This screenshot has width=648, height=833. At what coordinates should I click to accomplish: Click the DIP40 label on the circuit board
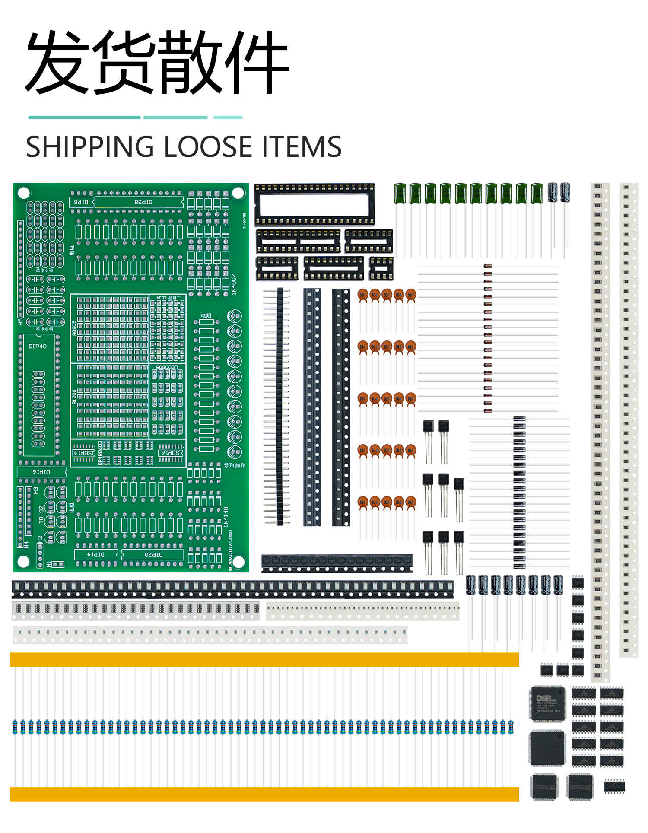pyautogui.click(x=38, y=346)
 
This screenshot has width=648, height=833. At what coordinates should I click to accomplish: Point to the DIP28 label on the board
pyautogui.click(x=143, y=202)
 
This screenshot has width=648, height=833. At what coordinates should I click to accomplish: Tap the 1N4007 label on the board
pyautogui.click(x=234, y=284)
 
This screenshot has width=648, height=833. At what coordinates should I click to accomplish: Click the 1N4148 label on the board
pyautogui.click(x=225, y=517)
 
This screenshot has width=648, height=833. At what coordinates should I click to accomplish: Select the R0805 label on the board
pyautogui.click(x=74, y=328)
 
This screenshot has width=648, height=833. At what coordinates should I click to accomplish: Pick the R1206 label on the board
pyautogui.click(x=74, y=397)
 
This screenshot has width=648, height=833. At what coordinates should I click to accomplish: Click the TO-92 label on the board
pyautogui.click(x=41, y=515)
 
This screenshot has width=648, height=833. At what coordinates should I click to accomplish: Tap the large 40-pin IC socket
pyautogui.click(x=314, y=204)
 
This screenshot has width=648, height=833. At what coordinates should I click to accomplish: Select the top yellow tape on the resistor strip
pyautogui.click(x=264, y=659)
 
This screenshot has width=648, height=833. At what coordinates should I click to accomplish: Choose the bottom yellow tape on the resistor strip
pyautogui.click(x=264, y=794)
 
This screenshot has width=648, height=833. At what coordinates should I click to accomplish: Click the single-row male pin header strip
pyautogui.click(x=280, y=406)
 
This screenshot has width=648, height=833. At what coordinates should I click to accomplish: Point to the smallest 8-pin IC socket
pyautogui.click(x=381, y=268)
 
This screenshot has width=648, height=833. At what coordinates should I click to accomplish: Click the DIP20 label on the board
pyautogui.click(x=153, y=554)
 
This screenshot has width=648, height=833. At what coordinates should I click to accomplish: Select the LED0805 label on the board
pyautogui.click(x=167, y=367)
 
